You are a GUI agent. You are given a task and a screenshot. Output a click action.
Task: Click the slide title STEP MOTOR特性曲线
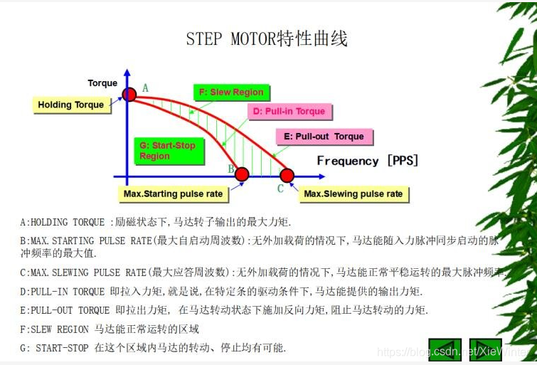(x=267, y=38)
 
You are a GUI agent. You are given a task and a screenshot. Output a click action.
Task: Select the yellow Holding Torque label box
(x=70, y=105)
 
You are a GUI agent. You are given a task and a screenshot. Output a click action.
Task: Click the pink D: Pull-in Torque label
(x=291, y=111)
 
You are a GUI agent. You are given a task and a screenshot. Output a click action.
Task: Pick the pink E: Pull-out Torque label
(x=324, y=137)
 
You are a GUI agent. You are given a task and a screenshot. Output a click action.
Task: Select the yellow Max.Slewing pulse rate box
(x=353, y=194)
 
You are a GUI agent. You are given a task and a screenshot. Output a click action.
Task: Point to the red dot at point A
(x=129, y=94)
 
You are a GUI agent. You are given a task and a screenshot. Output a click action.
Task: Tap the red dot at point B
(x=242, y=174)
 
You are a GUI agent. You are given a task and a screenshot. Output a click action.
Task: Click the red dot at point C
(x=287, y=174)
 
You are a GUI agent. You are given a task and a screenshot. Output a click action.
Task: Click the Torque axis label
(x=102, y=83)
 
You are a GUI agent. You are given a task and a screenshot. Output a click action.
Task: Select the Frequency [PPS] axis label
(x=368, y=161)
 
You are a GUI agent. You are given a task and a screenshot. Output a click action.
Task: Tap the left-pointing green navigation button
(x=445, y=349)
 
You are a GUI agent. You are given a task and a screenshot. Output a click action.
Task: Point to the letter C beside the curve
(x=280, y=189)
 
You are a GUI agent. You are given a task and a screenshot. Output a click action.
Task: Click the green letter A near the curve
(x=145, y=88)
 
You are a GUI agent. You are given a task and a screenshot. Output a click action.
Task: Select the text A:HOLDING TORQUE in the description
(x=65, y=222)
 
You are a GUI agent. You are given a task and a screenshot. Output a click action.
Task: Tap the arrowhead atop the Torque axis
(x=127, y=74)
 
